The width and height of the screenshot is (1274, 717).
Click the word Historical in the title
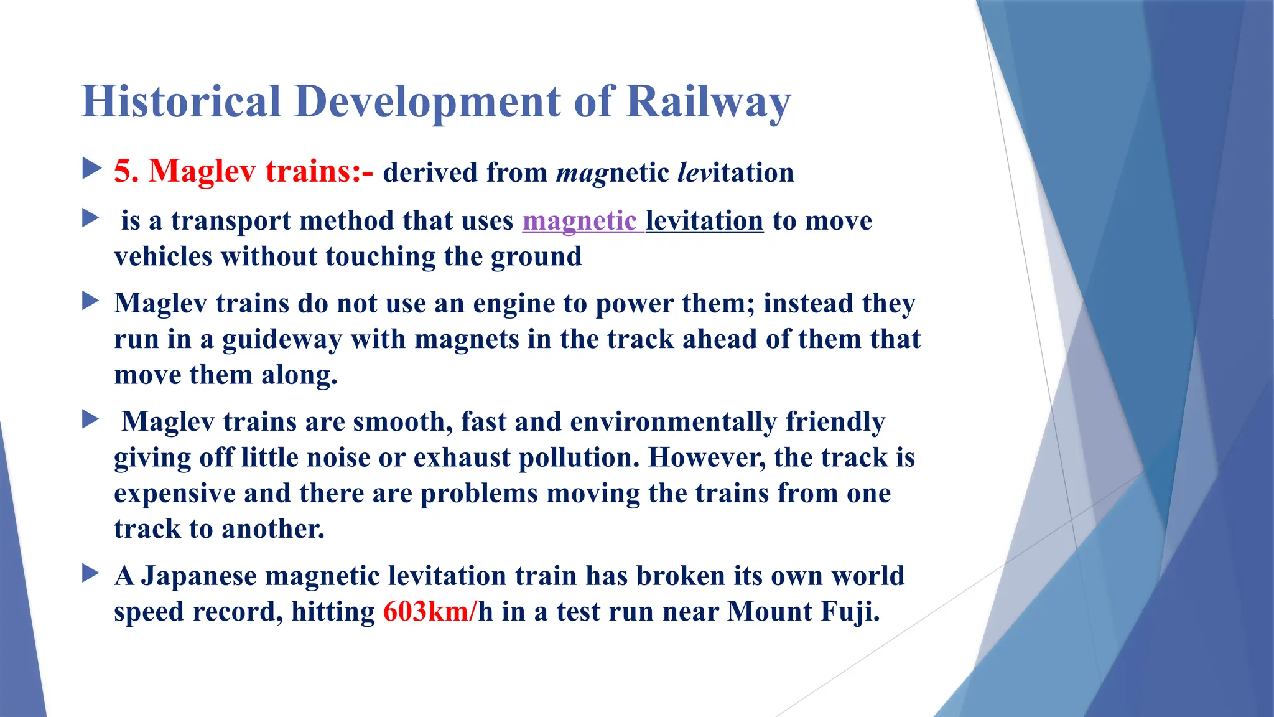coord(181,101)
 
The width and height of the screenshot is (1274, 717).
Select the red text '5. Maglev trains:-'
coord(243,171)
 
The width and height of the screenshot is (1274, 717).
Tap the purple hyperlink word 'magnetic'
coord(579,221)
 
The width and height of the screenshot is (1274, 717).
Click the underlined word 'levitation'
coord(704,221)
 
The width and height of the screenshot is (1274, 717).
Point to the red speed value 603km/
coord(429,611)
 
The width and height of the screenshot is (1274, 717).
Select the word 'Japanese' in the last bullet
coord(198,576)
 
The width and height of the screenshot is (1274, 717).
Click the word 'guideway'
coord(282,340)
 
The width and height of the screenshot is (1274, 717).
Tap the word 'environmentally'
coord(673,422)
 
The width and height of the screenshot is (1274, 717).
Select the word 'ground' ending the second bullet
coord(536,257)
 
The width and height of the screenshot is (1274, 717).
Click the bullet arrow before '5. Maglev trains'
coord(91,168)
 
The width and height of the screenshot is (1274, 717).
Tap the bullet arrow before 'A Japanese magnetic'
coord(91,573)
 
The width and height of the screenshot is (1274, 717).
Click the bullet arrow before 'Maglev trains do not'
coord(91,301)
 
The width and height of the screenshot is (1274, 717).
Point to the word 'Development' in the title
coord(428,101)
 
